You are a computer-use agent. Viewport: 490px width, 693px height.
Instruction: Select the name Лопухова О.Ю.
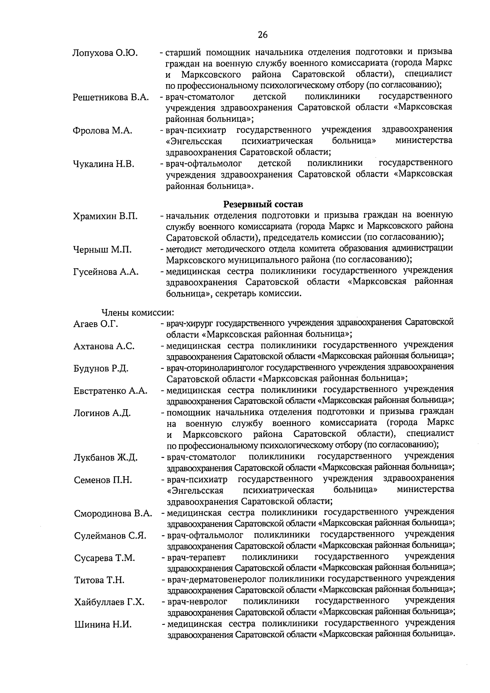105,53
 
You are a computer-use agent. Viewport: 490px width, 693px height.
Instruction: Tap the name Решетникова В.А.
111,98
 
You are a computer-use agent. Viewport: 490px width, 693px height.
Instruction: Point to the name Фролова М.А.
102,131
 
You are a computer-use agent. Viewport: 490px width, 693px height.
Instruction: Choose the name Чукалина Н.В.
103,164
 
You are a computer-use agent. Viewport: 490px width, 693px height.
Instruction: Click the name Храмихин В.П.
105,216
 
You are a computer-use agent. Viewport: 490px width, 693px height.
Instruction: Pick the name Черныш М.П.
102,250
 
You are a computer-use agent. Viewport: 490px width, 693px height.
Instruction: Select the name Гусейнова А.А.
106,272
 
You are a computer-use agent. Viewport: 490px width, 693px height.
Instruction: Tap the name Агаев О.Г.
96,324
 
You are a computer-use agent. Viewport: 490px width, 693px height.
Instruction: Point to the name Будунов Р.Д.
101,368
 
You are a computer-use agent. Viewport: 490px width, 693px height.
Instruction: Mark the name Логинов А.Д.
102,413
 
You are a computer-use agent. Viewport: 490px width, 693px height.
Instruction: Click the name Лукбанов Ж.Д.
106,457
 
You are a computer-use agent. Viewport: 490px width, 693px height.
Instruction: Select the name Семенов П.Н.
103,480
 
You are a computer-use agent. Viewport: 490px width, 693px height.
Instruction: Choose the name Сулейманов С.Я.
110,536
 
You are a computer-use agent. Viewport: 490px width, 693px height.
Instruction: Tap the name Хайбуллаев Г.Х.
109,602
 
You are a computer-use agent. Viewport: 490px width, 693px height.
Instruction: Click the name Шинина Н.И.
103,624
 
